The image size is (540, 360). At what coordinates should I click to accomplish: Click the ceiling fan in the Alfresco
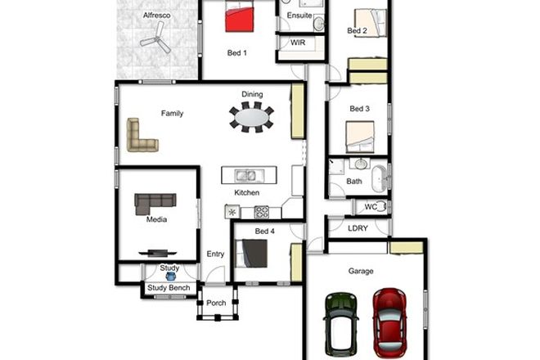click(155, 37)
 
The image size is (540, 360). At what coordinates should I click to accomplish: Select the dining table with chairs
click(252, 117)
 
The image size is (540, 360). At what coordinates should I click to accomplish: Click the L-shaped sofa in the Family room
click(140, 136)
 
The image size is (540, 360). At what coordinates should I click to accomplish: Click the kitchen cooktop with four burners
click(262, 212)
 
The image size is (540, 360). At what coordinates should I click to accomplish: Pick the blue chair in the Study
click(170, 277)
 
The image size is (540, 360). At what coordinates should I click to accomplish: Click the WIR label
click(297, 42)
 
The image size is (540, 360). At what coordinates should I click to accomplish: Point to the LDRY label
click(357, 229)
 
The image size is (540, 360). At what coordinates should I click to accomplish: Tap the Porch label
click(216, 304)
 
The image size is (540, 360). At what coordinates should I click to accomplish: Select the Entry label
click(215, 254)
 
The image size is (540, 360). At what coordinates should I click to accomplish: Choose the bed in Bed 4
click(253, 255)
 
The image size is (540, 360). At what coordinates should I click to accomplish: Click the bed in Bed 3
click(360, 137)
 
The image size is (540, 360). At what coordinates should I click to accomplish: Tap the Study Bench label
click(169, 288)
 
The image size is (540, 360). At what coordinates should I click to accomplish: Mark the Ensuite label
click(299, 16)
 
